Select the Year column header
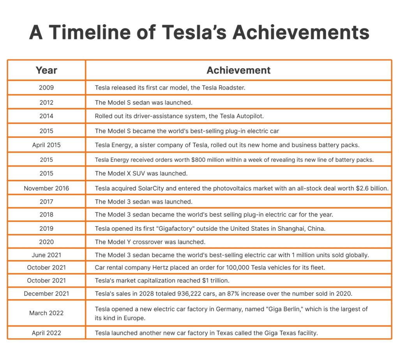coord(46,70)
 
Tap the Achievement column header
coord(238,70)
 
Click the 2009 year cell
coord(46,88)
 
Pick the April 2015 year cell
coord(46,145)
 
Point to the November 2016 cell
coord(46,188)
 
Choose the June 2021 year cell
coord(46,255)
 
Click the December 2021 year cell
coord(46,294)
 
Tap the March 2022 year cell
coord(46,313)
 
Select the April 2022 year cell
coord(46,333)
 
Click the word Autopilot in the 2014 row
coord(250,116)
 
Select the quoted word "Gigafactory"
coord(177,228)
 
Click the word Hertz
coord(160,267)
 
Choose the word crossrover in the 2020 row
coord(148,242)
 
